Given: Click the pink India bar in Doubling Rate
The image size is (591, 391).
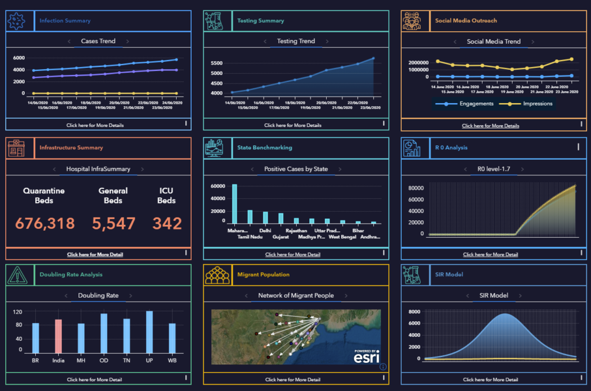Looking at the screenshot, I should pyautogui.click(x=58, y=336).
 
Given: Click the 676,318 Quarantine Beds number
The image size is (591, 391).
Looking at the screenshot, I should pyautogui.click(x=45, y=223).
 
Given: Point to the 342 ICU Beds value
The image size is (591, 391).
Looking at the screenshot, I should pyautogui.click(x=167, y=223).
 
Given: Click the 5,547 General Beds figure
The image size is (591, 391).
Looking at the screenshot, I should pyautogui.click(x=113, y=223).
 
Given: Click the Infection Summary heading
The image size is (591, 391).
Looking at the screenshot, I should pyautogui.click(x=65, y=21).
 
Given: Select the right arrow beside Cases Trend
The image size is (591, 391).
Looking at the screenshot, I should pyautogui.click(x=128, y=42).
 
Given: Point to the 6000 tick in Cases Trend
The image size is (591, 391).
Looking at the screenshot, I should pyautogui.click(x=18, y=58).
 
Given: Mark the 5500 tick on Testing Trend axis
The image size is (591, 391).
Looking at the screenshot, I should pyautogui.click(x=217, y=63).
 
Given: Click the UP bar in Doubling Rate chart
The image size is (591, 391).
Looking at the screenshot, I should pyautogui.click(x=149, y=332).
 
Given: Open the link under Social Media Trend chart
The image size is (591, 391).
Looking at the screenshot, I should pyautogui.click(x=491, y=126).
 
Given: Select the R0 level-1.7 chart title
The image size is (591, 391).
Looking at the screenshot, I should pyautogui.click(x=493, y=170).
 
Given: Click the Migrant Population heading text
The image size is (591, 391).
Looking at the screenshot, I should pyautogui.click(x=263, y=275).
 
